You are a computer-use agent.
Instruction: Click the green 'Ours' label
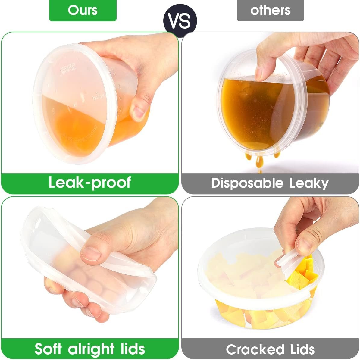[83, 10]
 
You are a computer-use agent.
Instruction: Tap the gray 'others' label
[270, 10]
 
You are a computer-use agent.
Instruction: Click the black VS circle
[180, 21]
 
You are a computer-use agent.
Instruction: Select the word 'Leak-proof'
[89, 183]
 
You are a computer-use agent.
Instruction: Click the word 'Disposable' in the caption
[247, 183]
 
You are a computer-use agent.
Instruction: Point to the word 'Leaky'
[309, 183]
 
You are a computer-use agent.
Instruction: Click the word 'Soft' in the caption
[48, 349]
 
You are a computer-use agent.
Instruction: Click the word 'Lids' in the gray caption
[302, 349]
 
